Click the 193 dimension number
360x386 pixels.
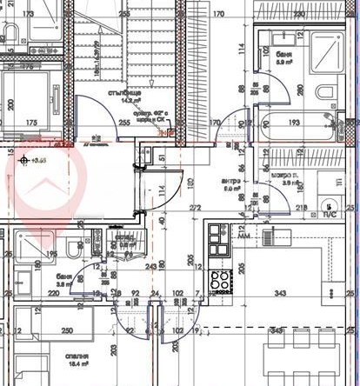coord(293,123)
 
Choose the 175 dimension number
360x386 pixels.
coord(31,123)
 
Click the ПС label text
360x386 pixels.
coord(330,213)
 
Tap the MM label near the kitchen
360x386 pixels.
coord(243,236)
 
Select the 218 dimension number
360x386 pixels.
coord(302,207)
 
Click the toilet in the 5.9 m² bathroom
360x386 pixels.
coord(323,94)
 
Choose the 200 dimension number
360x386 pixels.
coord(11,103)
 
